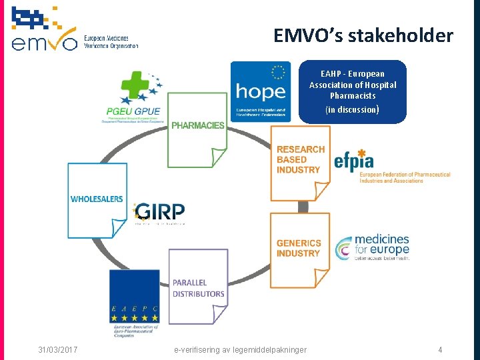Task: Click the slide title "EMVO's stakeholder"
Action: pos(363,35)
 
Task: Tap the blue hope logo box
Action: pos(261,91)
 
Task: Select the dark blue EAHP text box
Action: pos(353,91)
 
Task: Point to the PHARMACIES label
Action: pos(197,125)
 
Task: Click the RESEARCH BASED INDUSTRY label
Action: pos(301,160)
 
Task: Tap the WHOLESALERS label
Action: pos(97,199)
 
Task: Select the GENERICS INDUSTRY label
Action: pos(299,248)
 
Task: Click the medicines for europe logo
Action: pos(373,246)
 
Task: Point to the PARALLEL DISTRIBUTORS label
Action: pos(198,288)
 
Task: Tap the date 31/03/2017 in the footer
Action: pos(58,349)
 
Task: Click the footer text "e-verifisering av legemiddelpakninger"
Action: pos(240,349)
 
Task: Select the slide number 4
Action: pos(440,349)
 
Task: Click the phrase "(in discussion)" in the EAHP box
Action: pos(353,109)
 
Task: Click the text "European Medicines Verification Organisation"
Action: pos(111,41)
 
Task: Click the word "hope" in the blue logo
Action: pos(261,91)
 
